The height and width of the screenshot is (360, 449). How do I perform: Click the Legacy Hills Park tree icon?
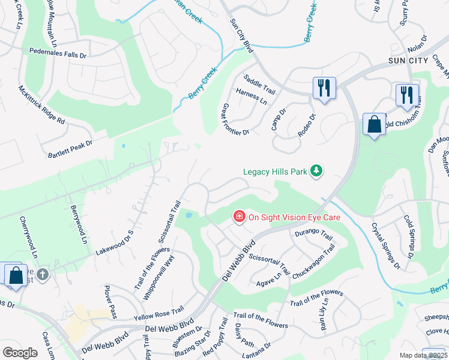(x=316, y=172)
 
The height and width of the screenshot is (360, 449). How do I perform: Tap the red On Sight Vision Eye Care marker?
(x=239, y=216)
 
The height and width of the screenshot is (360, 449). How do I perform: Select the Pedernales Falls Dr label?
(x=58, y=53)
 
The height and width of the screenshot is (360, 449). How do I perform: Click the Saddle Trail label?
(x=259, y=85)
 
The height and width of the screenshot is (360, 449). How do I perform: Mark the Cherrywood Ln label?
(x=28, y=238)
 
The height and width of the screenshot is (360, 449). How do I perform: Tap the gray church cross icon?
(x=42, y=274)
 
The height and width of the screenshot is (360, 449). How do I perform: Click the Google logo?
(x=20, y=353)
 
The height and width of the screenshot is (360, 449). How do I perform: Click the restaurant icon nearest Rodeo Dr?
(x=324, y=89)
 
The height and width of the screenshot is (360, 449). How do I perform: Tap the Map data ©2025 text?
(x=424, y=355)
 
